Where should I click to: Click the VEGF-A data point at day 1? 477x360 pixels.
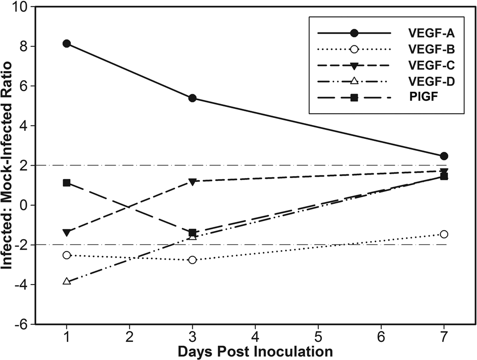click(x=67, y=43)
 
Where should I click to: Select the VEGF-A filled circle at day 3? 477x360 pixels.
click(x=192, y=98)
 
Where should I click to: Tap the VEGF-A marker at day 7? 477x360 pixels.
click(x=444, y=156)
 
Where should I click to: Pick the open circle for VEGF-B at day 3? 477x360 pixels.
click(x=192, y=260)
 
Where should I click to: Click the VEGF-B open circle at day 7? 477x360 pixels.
click(x=444, y=234)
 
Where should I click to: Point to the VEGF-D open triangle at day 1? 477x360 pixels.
click(x=67, y=281)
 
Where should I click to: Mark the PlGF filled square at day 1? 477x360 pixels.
click(x=67, y=183)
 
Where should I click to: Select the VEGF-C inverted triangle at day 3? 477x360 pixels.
click(x=192, y=182)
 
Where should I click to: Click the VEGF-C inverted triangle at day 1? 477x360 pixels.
click(x=67, y=233)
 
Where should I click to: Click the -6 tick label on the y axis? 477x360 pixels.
click(x=22, y=324)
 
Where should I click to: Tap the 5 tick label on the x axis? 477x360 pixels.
click(x=318, y=337)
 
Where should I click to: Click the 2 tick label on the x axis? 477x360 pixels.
click(x=130, y=337)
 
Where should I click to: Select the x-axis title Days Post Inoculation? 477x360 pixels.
click(x=255, y=352)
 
